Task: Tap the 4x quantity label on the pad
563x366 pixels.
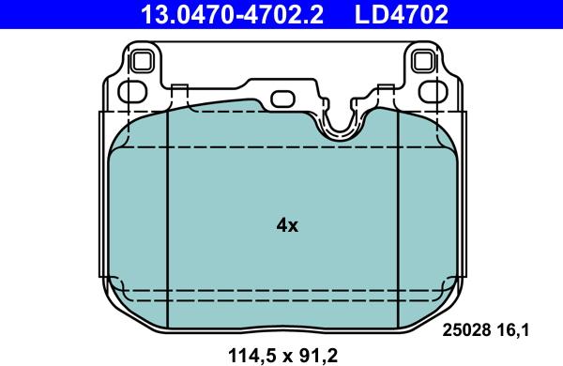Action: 287,225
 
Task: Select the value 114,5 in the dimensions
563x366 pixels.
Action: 247,354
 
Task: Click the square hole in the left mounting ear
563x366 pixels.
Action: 143,62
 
